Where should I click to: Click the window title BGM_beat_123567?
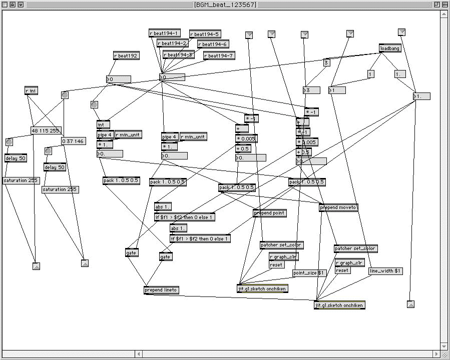coord(225,4)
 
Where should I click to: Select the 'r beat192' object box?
coord(126,56)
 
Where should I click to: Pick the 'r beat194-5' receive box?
coord(205,34)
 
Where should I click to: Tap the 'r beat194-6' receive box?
coord(213,44)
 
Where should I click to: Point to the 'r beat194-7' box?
coord(219,55)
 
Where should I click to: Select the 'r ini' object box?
coord(31,90)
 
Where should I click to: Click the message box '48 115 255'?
coord(45,130)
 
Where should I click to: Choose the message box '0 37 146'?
coord(73,141)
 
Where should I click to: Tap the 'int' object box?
coord(103,124)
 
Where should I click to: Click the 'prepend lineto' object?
coord(161,290)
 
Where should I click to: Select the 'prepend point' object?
coord(269,213)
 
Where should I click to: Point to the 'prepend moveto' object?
coord(338,207)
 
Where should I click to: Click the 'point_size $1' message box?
coord(309,273)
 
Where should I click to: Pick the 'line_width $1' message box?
coord(384,271)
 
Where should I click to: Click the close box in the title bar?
coord(5,4)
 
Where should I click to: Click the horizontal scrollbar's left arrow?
coord(139,354)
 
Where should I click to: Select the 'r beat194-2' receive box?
coord(172,43)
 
